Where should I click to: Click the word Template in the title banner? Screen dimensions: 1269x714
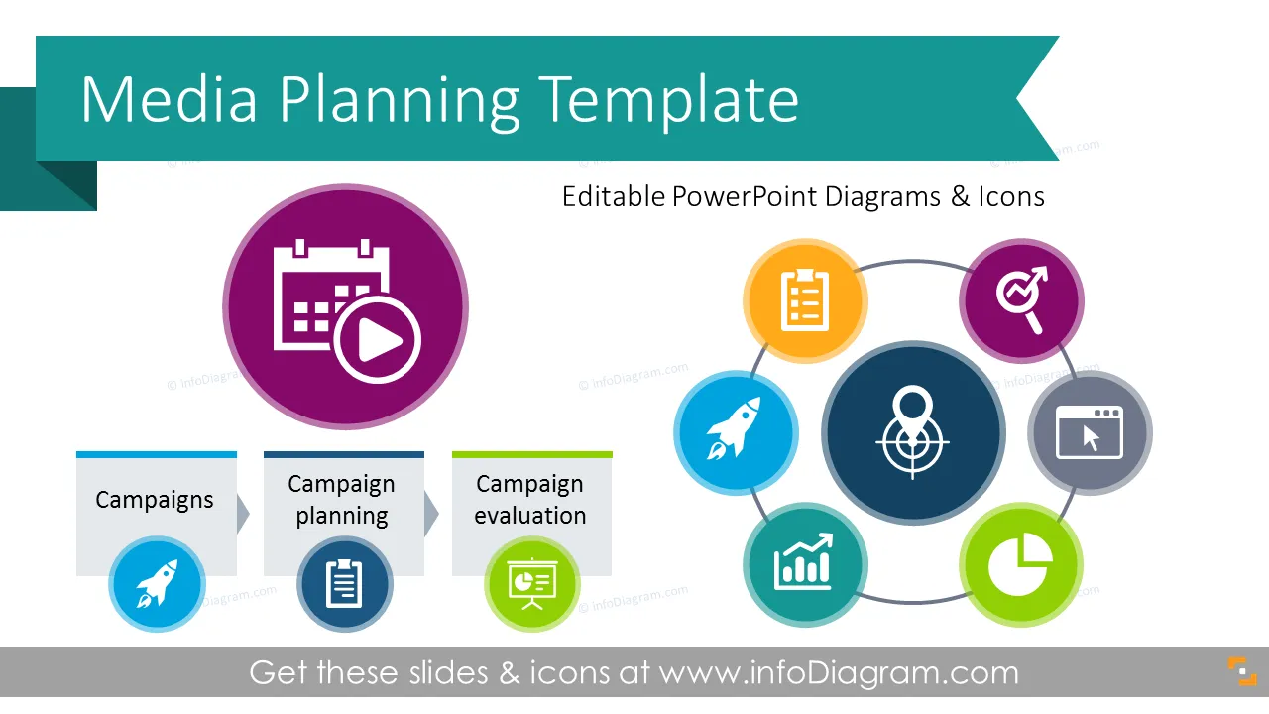668,99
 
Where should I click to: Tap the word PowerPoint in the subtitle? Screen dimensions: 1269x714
745,197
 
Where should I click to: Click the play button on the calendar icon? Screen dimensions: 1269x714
378,340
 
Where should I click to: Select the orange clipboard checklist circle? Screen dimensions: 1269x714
805,300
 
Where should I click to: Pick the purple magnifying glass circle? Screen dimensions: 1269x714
1021,300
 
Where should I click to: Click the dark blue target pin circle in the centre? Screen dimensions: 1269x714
913,433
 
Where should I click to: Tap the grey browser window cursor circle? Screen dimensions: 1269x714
1090,433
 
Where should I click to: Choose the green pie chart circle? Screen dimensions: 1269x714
1021,565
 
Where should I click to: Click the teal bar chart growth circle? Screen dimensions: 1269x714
805,565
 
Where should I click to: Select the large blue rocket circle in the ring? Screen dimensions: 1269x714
736,433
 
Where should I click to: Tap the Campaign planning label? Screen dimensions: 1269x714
342,500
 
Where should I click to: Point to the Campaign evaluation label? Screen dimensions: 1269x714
529,500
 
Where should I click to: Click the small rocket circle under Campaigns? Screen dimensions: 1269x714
157,584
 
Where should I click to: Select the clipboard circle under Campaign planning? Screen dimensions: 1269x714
344,584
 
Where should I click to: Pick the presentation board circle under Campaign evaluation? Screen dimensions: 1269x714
532,584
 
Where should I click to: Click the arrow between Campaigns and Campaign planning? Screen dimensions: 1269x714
243,514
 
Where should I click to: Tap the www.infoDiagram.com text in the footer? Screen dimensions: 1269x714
839,673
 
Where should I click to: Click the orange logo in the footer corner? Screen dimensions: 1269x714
1242,671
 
